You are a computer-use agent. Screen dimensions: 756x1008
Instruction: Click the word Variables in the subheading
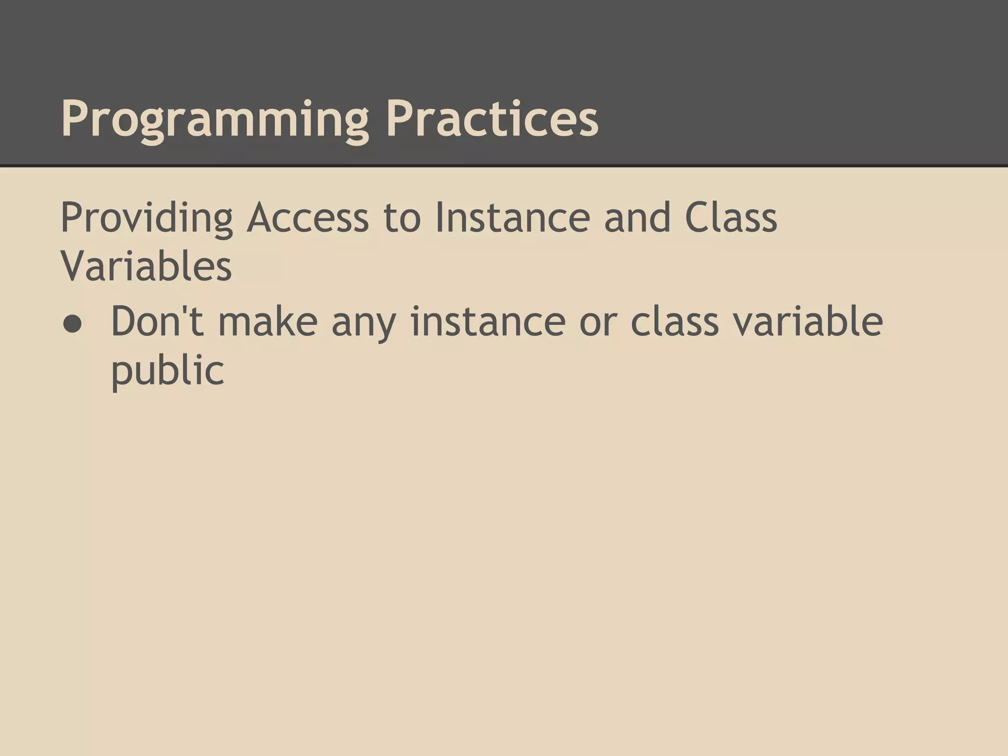pos(146,267)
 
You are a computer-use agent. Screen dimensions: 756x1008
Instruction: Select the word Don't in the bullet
pos(157,322)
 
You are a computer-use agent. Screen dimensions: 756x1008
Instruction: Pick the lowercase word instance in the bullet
pos(488,322)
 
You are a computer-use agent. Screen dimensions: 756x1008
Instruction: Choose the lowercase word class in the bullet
pos(675,322)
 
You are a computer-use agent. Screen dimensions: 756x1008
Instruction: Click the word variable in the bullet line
pos(808,322)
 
